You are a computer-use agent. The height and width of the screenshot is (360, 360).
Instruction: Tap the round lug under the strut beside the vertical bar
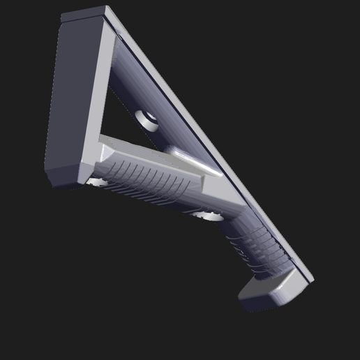click(x=97, y=182)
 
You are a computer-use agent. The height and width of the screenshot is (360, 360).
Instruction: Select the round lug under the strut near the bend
click(x=208, y=215)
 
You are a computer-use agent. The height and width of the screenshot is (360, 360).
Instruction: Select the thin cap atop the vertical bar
click(x=84, y=13)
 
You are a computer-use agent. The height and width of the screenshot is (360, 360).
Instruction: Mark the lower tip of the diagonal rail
click(x=309, y=280)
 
